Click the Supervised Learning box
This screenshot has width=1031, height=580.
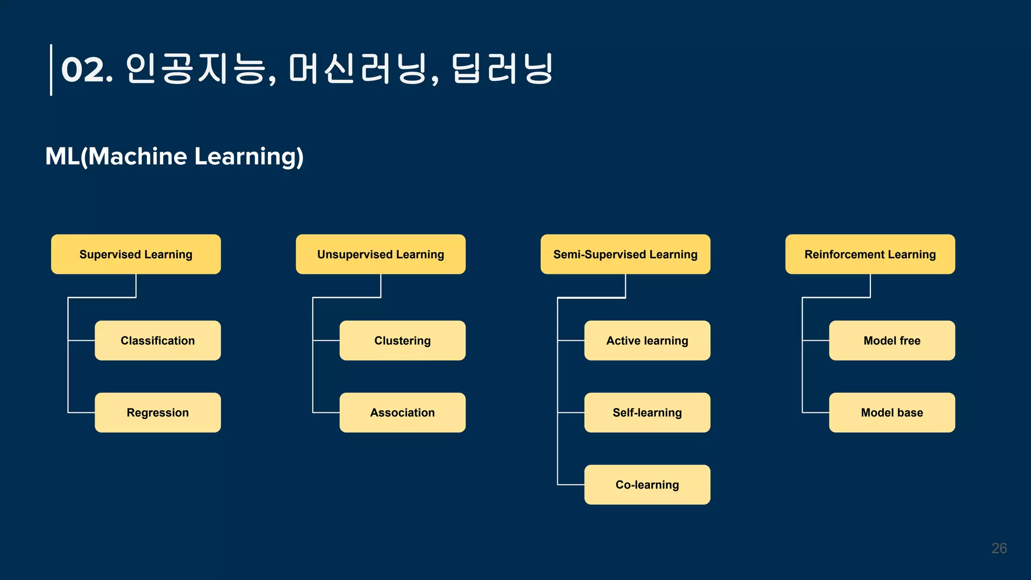tap(136, 254)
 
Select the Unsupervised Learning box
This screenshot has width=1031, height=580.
tap(381, 254)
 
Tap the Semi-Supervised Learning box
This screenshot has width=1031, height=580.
tap(625, 254)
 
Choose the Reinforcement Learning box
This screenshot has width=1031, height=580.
tap(870, 254)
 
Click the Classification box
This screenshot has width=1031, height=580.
tap(158, 340)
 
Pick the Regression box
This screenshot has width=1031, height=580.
tap(158, 412)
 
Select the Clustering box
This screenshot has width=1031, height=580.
tap(402, 340)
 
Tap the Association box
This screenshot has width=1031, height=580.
tap(402, 412)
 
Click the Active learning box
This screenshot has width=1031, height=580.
tap(647, 340)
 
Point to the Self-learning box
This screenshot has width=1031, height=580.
tap(647, 412)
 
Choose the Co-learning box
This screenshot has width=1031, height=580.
tap(647, 484)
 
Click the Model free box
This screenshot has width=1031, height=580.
tap(892, 340)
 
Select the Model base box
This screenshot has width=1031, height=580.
tap(892, 412)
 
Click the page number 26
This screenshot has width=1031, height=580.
tap(999, 548)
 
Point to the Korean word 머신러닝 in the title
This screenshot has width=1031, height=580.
tap(357, 69)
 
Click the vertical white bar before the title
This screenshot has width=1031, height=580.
tap(51, 70)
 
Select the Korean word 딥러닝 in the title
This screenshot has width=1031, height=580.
tap(502, 69)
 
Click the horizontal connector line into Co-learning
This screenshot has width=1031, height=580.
tap(571, 485)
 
